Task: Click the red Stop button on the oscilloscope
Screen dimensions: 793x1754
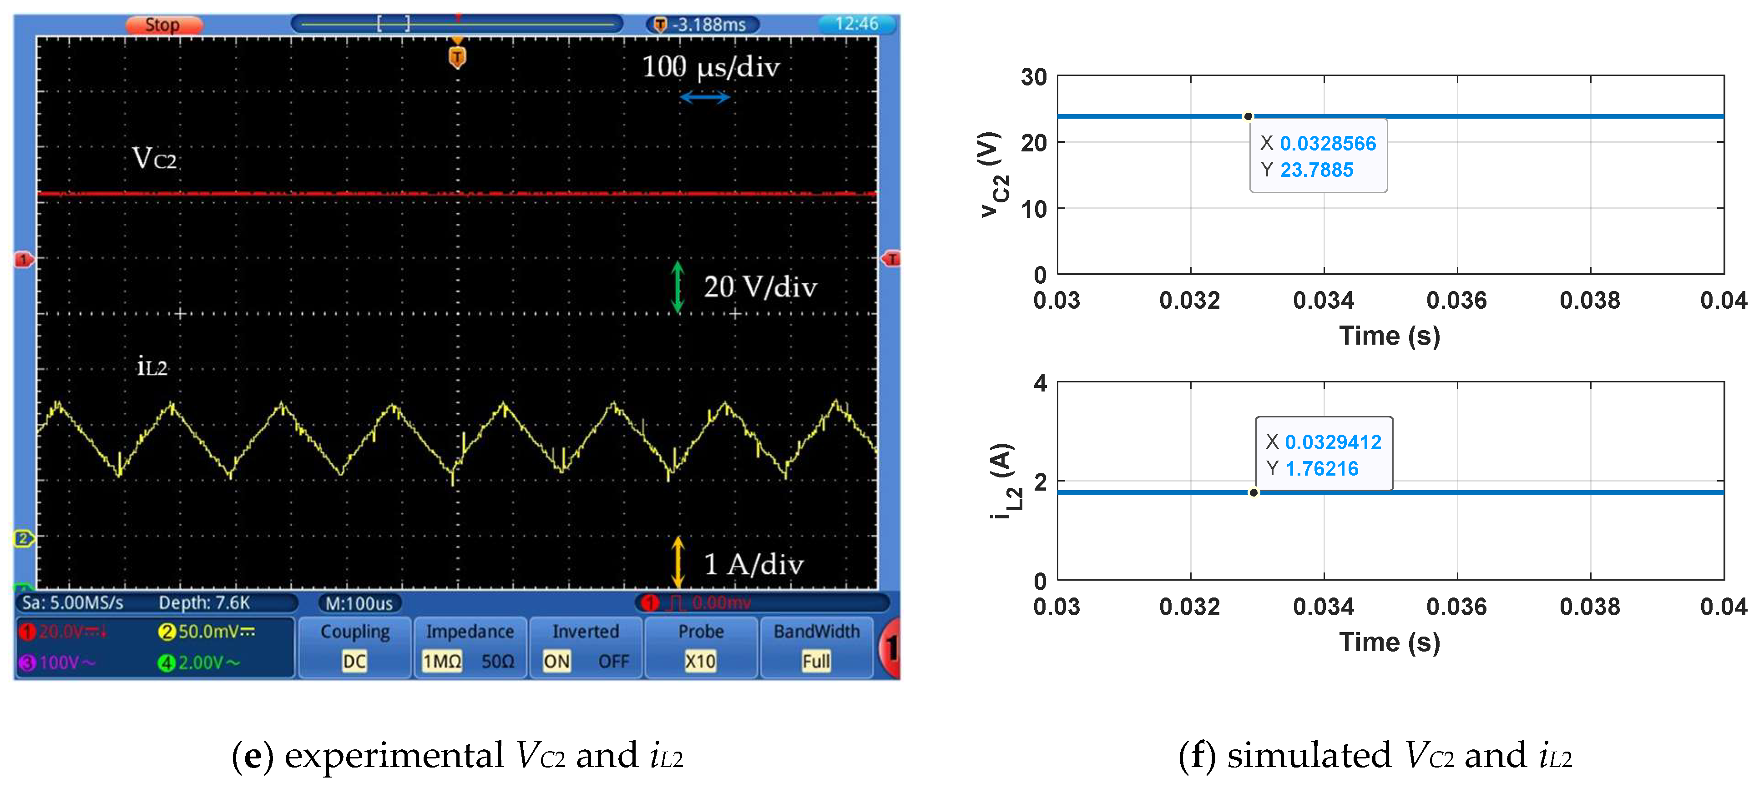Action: point(163,25)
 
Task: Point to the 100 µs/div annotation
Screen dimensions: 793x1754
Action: point(710,67)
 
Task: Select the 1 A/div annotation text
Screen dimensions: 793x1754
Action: point(753,564)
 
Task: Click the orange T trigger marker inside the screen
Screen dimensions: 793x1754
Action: point(457,57)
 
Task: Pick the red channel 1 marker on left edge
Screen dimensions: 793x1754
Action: point(24,259)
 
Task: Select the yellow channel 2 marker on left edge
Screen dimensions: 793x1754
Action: point(24,538)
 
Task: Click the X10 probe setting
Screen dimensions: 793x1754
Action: point(700,661)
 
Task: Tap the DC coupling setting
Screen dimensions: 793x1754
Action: point(354,661)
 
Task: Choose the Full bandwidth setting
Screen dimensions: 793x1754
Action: point(816,661)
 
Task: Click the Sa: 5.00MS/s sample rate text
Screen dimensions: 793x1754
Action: point(72,602)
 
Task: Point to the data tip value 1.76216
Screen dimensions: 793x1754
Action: point(1321,469)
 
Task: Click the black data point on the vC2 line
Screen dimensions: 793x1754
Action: point(1248,116)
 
